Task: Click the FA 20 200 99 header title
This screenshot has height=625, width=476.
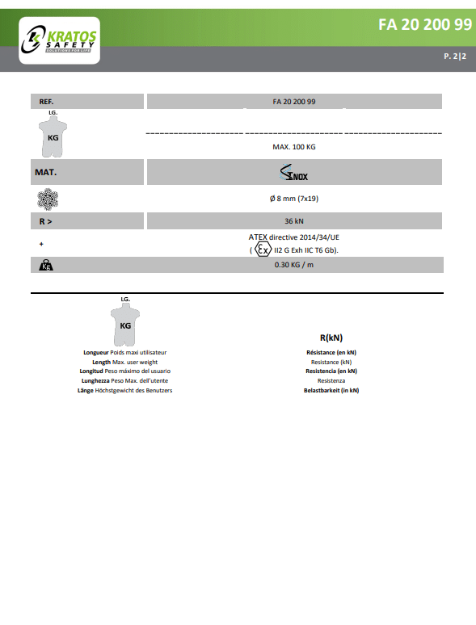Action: (425, 24)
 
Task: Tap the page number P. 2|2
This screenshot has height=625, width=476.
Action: (455, 57)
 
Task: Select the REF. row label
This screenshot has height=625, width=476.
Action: (46, 102)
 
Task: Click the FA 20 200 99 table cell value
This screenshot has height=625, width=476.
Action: (294, 102)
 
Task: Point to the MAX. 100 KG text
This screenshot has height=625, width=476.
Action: (294, 148)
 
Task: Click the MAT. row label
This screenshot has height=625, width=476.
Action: (45, 173)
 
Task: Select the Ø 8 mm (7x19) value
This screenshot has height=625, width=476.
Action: (294, 198)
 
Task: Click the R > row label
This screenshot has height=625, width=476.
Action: (46, 220)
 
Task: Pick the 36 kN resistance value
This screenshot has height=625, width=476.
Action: (294, 220)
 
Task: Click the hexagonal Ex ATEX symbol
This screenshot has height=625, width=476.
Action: (263, 250)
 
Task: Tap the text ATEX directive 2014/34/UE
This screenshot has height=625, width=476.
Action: (293, 237)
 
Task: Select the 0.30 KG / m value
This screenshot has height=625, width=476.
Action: (294, 265)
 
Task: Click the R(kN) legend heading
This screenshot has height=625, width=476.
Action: (331, 338)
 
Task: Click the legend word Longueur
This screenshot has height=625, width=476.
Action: (96, 353)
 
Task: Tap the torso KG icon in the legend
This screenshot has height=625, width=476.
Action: (125, 325)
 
